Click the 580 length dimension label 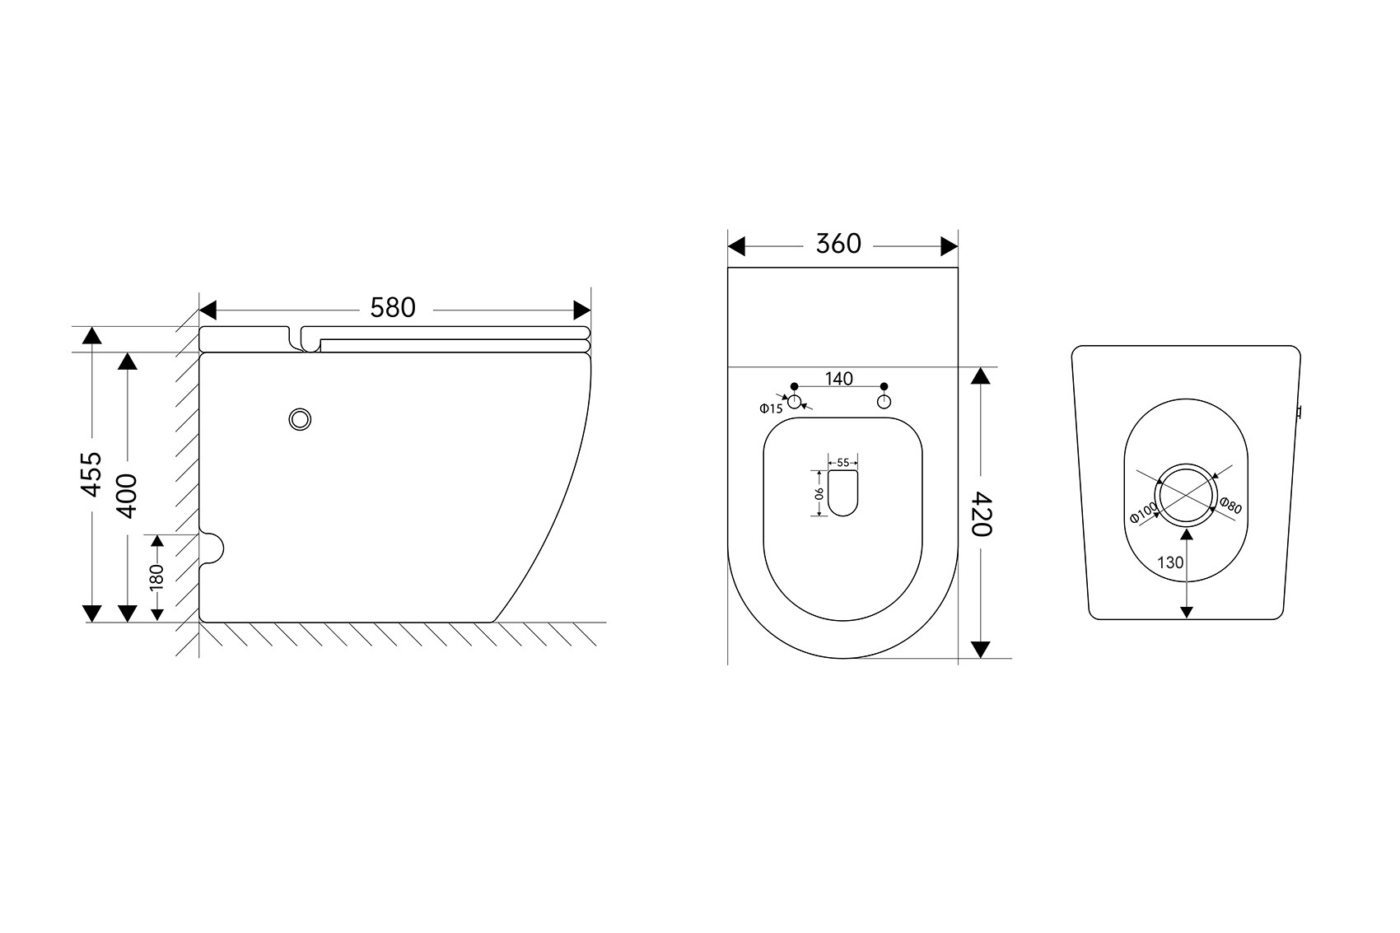coord(393,307)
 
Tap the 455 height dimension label coord(92,474)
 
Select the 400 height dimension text coord(128,496)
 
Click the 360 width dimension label coord(838,244)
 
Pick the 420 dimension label coord(982,514)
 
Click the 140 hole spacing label coord(838,379)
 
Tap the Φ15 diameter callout coord(771,408)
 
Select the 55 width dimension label coord(843,463)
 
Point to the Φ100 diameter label coord(1143,513)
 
